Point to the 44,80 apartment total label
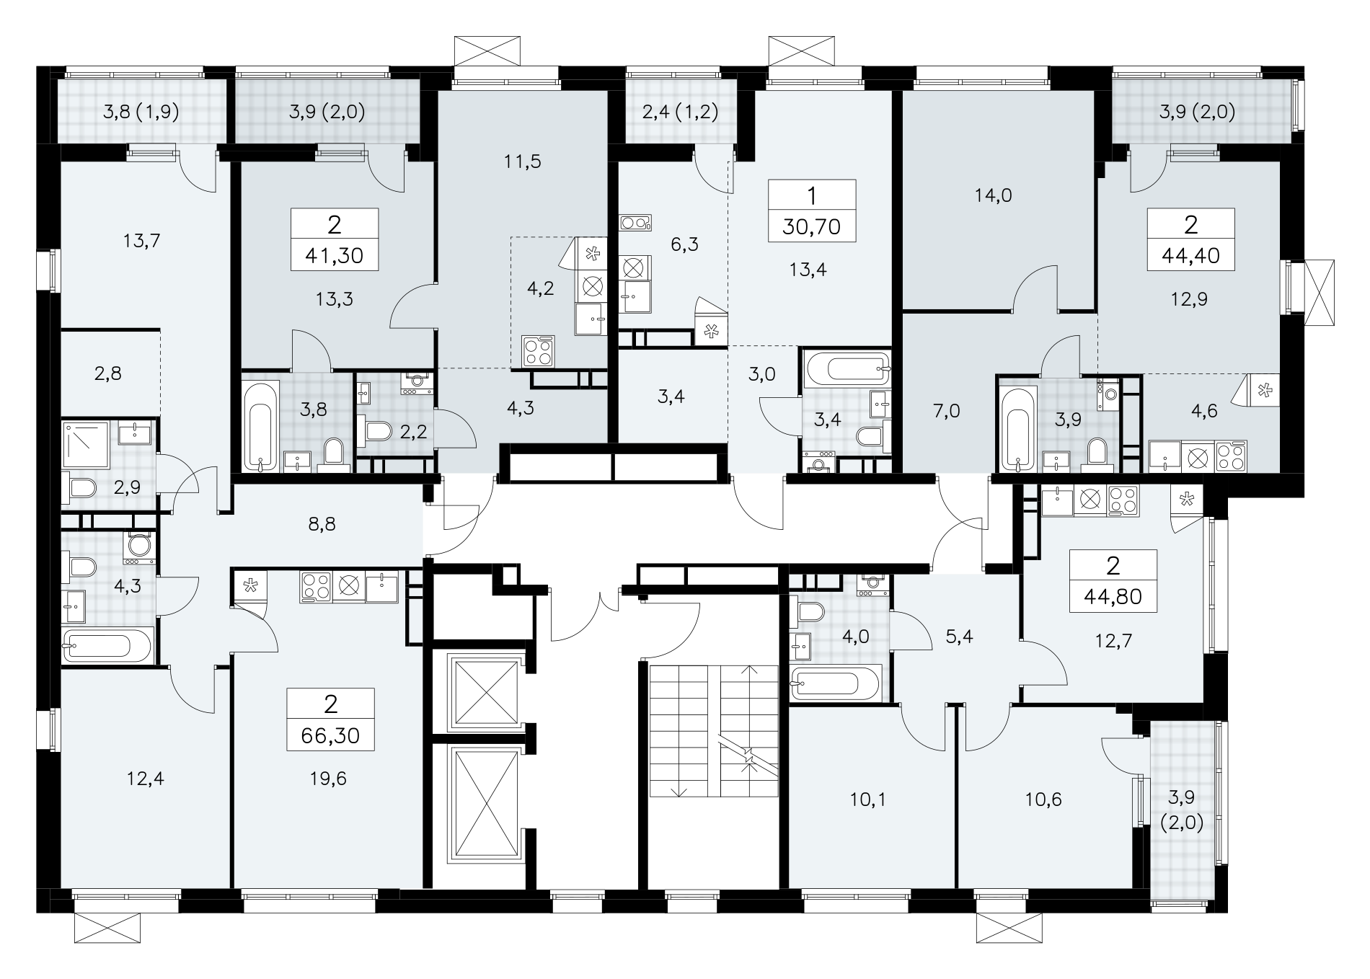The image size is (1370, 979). click(x=1113, y=596)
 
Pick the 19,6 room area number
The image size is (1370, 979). click(x=331, y=779)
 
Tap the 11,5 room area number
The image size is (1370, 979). click(x=523, y=161)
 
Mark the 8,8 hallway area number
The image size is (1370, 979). click(x=322, y=524)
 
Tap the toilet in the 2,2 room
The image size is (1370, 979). click(x=377, y=431)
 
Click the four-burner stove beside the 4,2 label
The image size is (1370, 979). click(x=538, y=352)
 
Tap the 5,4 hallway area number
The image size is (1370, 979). click(x=958, y=637)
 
